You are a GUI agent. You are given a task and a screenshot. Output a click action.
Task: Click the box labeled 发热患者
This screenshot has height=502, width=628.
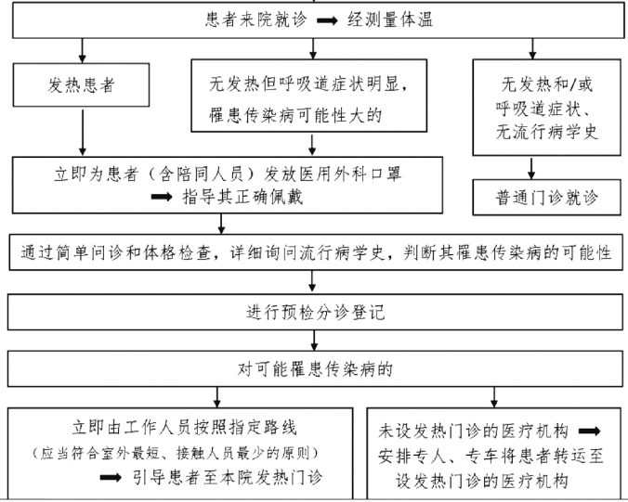(84, 86)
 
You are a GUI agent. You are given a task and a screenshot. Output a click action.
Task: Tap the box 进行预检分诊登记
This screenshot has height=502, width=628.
(314, 311)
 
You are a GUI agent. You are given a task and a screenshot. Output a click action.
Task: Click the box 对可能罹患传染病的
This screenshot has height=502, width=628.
(314, 368)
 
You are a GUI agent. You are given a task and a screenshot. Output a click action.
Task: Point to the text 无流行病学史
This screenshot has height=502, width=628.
(546, 133)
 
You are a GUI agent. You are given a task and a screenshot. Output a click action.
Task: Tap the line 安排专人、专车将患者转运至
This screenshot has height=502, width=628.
(491, 457)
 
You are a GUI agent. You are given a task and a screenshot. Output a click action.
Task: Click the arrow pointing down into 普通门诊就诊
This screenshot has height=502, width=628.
(532, 167)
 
